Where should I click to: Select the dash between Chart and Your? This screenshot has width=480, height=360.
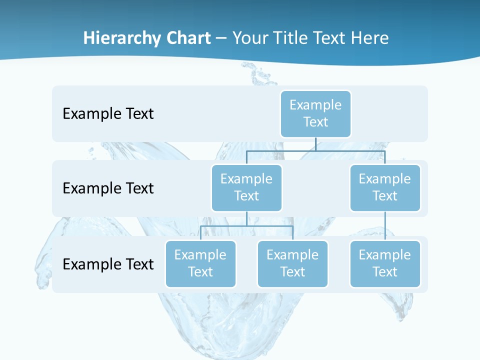221,38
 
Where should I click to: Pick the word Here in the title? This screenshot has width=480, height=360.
369,38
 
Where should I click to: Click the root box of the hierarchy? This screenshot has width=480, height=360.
315,113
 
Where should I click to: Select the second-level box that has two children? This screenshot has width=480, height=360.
246,187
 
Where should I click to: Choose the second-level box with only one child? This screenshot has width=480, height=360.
385,187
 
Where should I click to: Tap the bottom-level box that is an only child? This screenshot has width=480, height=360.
385,263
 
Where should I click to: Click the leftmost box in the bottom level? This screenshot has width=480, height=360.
200,263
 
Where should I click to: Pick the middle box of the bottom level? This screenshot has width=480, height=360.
292,263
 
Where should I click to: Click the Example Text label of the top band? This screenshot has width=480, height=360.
108,113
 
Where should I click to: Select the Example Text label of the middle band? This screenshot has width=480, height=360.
108,188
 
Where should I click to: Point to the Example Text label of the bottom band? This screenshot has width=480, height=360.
108,264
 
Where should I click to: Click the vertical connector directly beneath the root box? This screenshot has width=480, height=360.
315,144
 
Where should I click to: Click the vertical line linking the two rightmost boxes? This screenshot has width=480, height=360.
385,226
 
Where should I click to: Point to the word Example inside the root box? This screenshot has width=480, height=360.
315,105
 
